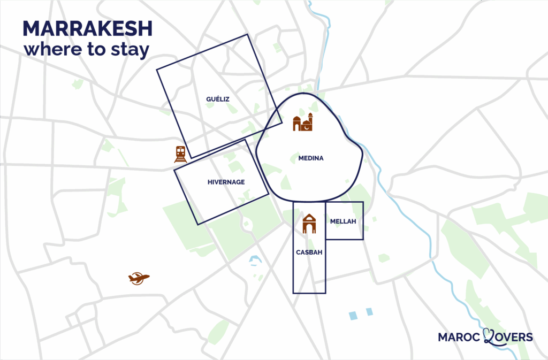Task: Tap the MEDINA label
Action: (x=311, y=158)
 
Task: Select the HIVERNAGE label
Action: (x=226, y=182)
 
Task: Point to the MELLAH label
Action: (x=343, y=221)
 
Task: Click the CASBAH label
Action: (x=309, y=252)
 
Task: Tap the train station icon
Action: (x=180, y=154)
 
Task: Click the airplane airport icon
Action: (x=139, y=278)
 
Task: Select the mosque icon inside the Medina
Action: (x=302, y=122)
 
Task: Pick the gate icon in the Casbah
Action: (x=309, y=224)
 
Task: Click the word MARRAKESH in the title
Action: (x=88, y=29)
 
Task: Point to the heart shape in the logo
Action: (x=490, y=336)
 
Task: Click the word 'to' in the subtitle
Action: (x=94, y=50)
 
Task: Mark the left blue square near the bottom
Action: (x=352, y=315)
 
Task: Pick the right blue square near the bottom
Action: (x=369, y=311)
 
